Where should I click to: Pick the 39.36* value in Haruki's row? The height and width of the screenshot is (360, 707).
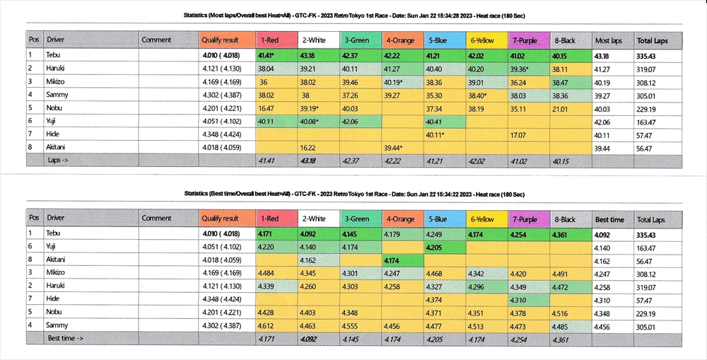(x=522, y=69)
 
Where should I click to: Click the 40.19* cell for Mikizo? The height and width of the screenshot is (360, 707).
(x=393, y=83)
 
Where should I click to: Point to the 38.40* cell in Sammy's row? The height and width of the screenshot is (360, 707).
(x=481, y=95)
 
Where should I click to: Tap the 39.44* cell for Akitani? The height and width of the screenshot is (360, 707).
(x=393, y=148)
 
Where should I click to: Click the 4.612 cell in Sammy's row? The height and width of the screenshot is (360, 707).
(x=267, y=326)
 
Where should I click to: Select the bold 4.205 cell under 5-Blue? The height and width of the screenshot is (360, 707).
(x=437, y=248)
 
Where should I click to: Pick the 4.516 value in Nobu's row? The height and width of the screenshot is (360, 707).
(x=563, y=313)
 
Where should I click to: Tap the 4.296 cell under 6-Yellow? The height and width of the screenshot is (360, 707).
(x=478, y=286)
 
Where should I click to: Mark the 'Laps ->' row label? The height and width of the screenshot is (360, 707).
(x=61, y=161)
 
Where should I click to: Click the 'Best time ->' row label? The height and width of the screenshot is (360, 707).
(x=66, y=339)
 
